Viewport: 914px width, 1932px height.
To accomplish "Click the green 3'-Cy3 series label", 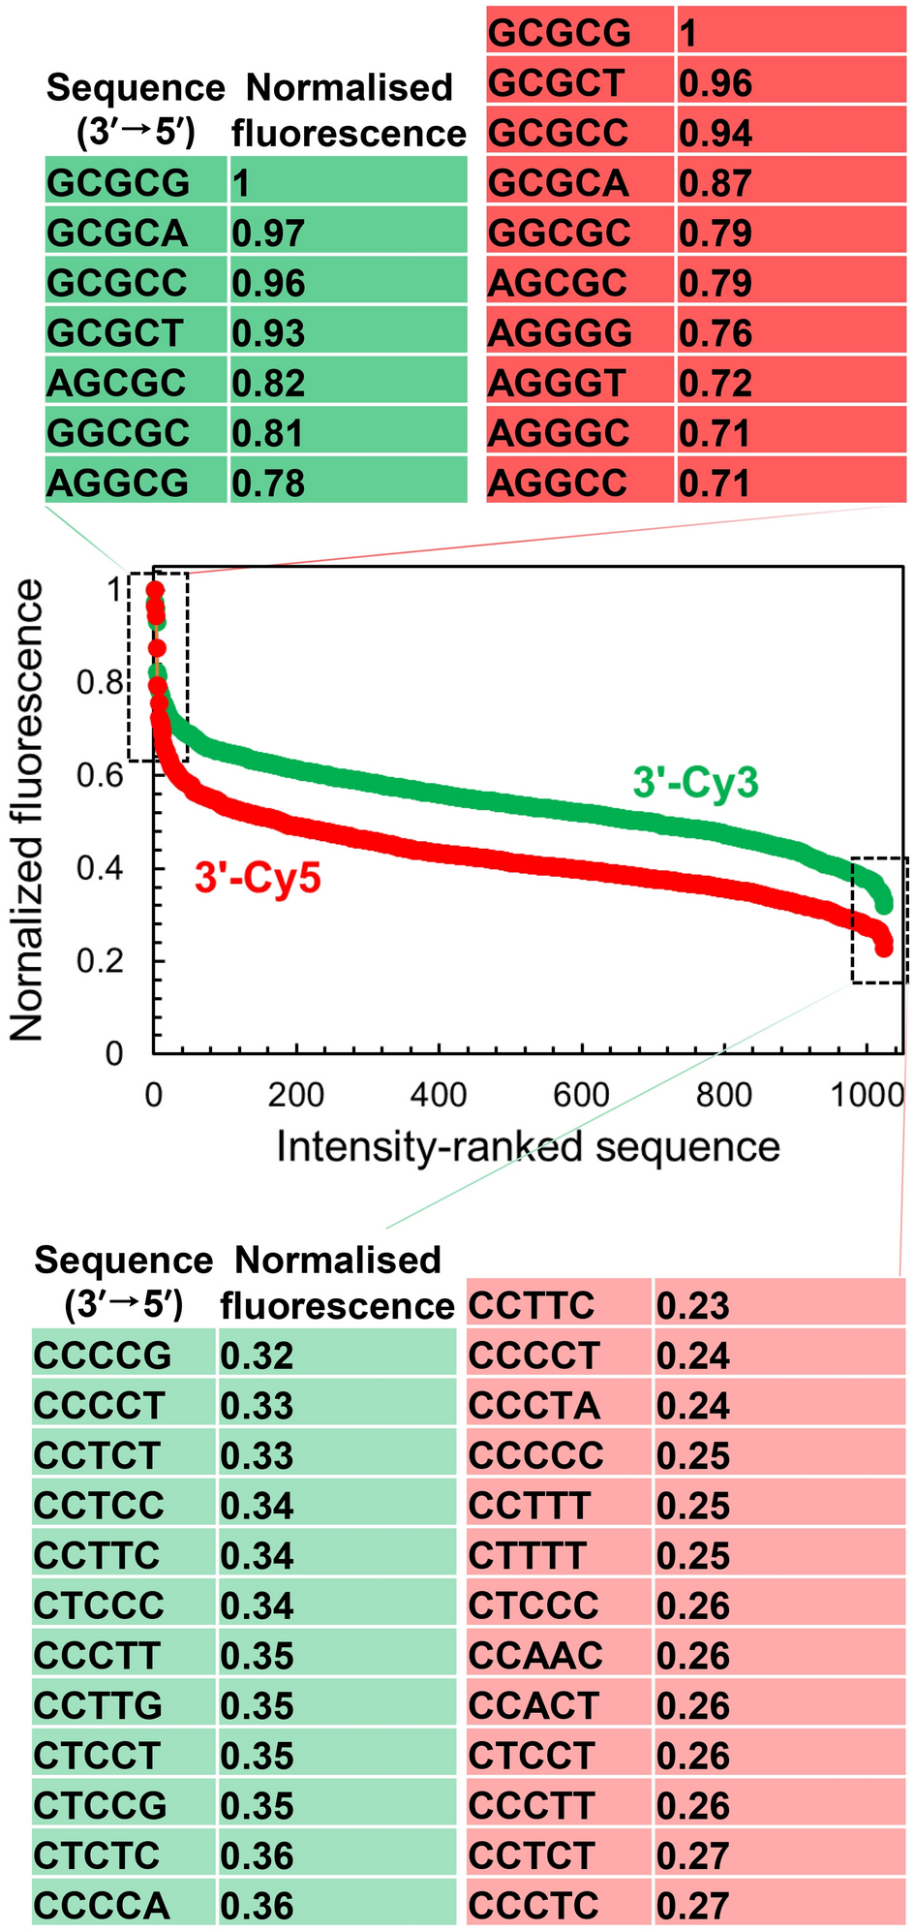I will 695,782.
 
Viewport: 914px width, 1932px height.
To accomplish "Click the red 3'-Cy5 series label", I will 257,878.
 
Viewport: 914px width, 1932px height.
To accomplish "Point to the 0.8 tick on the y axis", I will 101,683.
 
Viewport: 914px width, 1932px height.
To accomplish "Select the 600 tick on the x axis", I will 581,1095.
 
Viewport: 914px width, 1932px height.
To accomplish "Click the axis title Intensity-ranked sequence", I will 528,1146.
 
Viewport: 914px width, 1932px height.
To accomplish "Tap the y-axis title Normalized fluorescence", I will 27,810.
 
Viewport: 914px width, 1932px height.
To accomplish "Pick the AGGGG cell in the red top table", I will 560,333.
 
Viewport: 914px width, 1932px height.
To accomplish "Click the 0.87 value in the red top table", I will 715,183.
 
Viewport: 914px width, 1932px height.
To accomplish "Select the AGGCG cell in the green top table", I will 117,483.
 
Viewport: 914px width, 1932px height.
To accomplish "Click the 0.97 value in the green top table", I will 268,234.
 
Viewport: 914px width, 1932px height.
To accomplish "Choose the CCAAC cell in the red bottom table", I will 535,1655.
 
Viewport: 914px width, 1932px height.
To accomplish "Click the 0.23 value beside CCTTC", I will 692,1305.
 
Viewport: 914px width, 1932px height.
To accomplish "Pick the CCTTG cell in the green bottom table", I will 97,1705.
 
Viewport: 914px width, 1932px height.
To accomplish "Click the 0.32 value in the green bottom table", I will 257,1355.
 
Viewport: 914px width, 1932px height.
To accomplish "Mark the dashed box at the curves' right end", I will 879,919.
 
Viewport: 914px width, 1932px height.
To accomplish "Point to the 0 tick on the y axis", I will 114,1054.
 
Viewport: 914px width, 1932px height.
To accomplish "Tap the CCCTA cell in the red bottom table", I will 533,1405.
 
